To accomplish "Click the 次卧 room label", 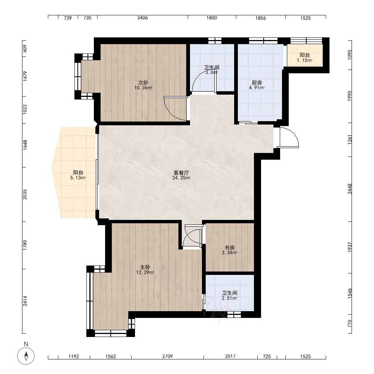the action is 143,83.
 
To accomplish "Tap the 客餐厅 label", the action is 181,173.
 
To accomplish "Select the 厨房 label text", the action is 257,83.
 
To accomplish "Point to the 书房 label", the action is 230,248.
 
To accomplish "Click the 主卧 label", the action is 145,267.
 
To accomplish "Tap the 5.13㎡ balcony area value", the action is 78,178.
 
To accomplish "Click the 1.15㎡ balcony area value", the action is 304,60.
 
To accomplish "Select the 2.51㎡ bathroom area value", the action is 230,298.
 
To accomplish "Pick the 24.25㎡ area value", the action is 181,178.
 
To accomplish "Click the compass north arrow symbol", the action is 26,356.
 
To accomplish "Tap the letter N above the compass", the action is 26,344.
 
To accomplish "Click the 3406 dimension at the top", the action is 142,18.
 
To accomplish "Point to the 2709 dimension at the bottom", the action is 168,356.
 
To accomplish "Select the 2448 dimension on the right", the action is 350,188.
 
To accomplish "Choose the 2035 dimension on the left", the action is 25,194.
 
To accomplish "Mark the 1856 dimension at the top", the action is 260,18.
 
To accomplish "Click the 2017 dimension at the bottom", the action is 230,356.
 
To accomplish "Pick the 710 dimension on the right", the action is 350,324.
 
